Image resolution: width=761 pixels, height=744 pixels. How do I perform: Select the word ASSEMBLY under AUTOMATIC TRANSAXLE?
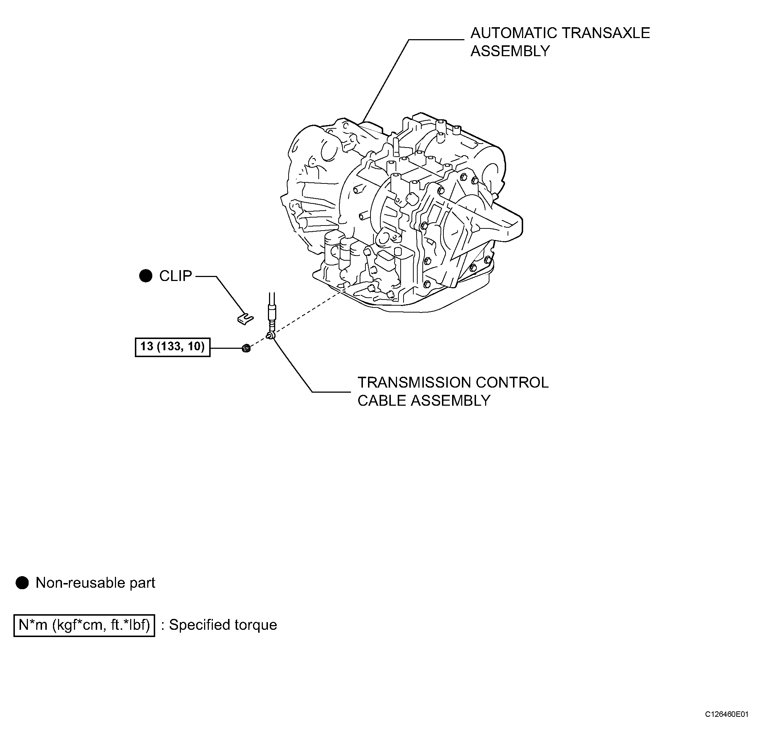[510, 51]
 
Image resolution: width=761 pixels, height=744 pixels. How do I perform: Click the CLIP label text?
[175, 276]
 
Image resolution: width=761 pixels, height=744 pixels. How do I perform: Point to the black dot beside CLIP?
[146, 276]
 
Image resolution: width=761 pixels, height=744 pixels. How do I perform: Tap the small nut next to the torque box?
[246, 347]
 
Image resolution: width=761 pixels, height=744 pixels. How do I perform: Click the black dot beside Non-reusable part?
[22, 583]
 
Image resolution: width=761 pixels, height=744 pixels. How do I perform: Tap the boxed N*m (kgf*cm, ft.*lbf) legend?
[84, 625]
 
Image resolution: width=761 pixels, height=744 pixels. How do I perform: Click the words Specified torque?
[223, 625]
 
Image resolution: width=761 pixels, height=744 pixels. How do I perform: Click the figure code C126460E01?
[727, 725]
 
